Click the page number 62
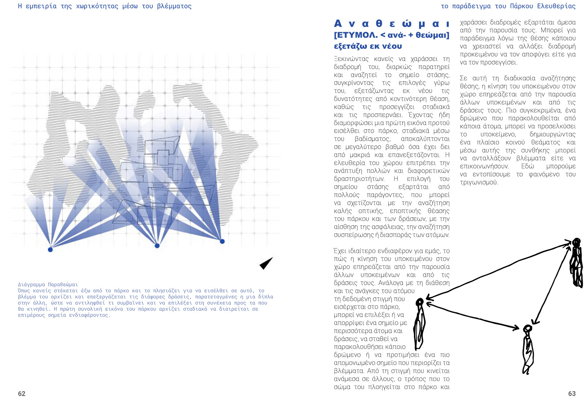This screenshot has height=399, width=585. (x=22, y=394)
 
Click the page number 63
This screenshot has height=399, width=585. (x=572, y=394)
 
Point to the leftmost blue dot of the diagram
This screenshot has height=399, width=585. (x=50, y=249)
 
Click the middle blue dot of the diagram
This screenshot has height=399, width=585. (x=157, y=246)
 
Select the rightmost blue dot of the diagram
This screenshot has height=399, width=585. (x=222, y=241)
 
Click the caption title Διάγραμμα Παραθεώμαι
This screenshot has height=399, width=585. (x=48, y=284)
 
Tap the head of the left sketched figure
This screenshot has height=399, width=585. (x=420, y=302)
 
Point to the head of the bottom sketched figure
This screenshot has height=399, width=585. (x=527, y=328)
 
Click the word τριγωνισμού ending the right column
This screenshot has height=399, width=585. (x=479, y=182)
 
